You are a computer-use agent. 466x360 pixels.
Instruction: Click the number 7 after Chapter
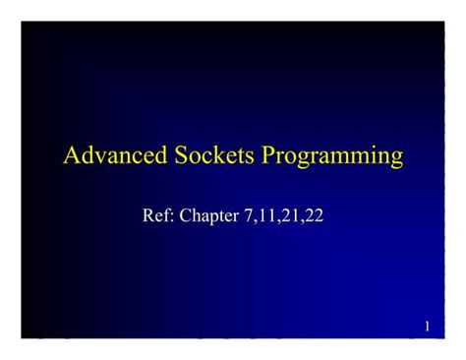[247, 213]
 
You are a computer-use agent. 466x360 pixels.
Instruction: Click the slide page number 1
[428, 326]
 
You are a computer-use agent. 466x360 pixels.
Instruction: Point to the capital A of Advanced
[71, 155]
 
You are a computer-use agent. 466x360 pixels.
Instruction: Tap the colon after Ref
[173, 215]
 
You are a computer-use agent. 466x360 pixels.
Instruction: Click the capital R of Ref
[150, 213]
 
